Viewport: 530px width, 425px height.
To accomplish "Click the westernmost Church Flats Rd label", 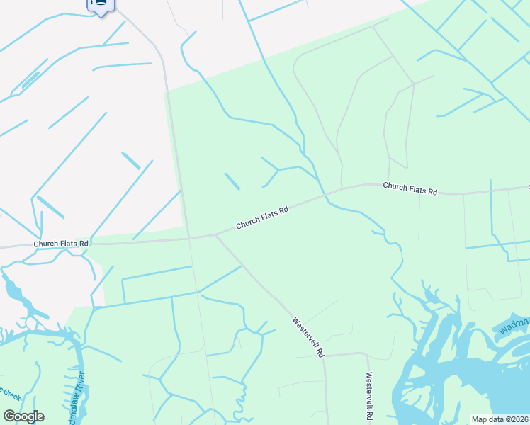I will (x=61, y=244).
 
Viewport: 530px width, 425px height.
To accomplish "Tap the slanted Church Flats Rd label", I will (x=262, y=217).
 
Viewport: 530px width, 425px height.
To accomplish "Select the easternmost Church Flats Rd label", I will (x=410, y=189).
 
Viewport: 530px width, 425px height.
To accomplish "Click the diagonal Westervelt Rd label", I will (x=308, y=337).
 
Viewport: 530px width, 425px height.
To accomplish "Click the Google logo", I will (x=23, y=416).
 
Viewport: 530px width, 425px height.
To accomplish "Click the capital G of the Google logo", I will (x=9, y=416).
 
